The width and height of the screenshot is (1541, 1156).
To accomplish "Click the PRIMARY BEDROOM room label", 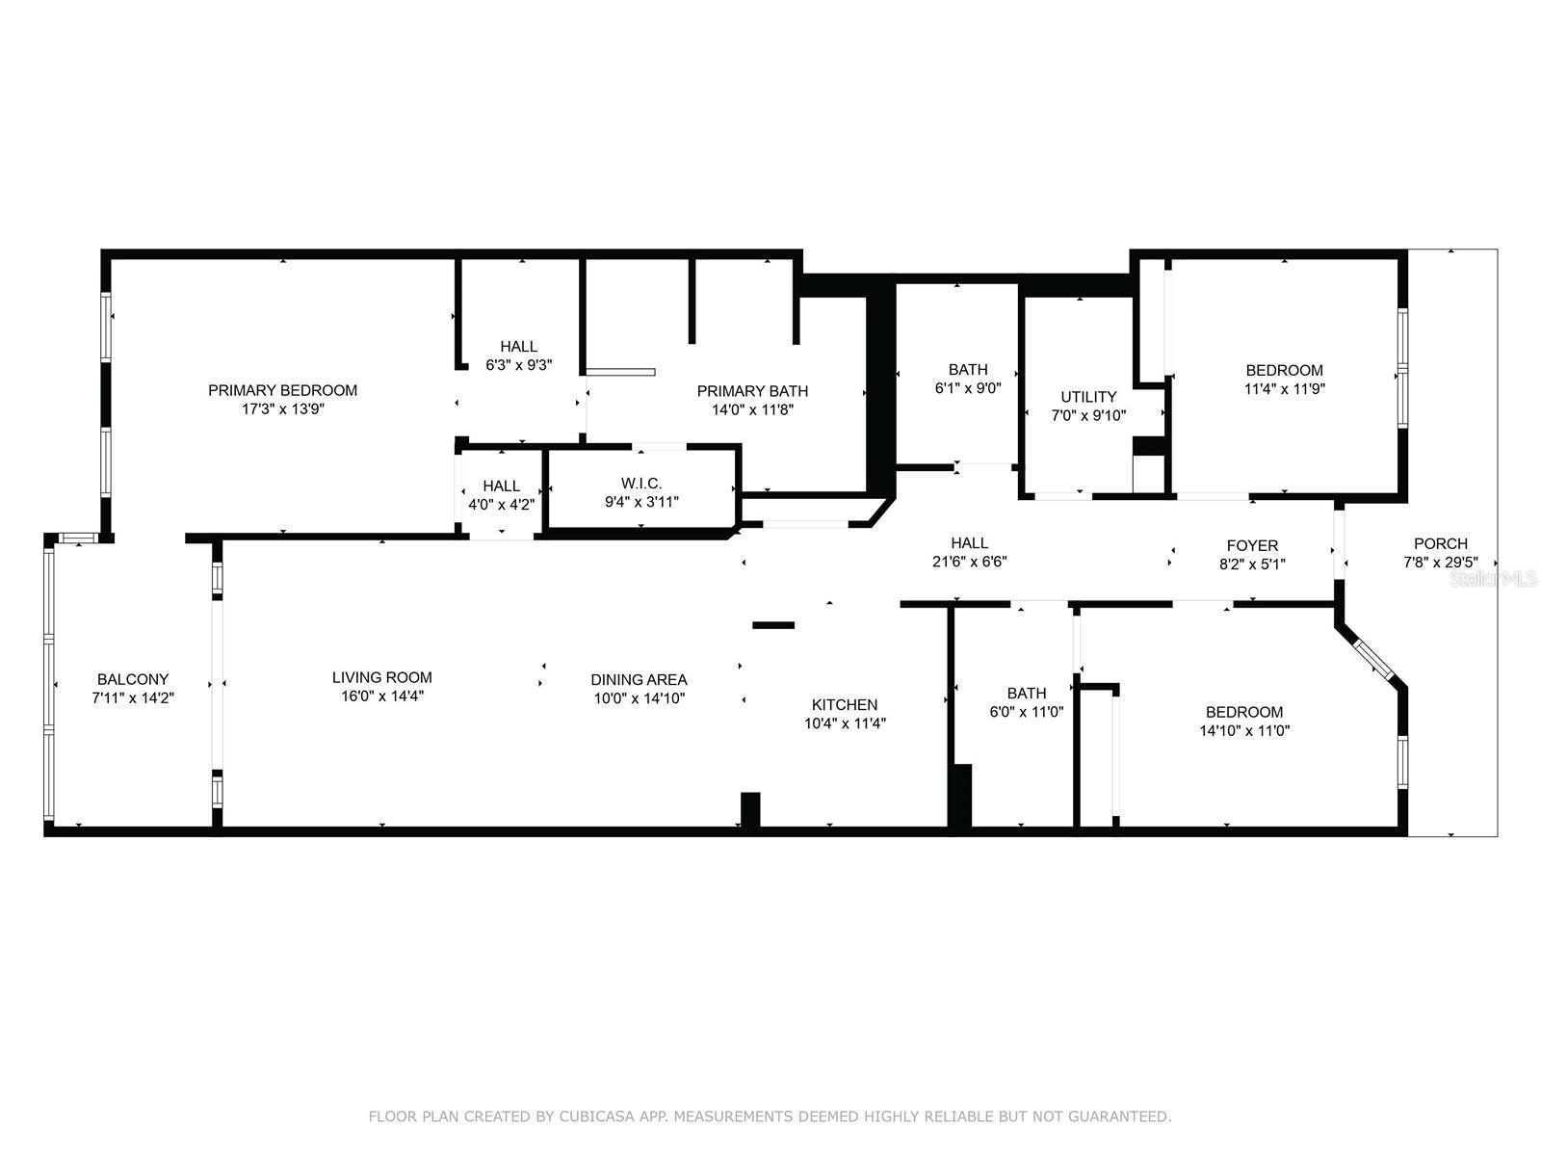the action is [x=282, y=390].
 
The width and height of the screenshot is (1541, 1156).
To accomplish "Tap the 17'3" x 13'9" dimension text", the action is [x=283, y=408].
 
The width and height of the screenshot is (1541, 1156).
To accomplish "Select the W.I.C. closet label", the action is [x=641, y=483].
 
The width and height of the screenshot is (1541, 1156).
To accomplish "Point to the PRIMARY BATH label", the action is [x=752, y=391].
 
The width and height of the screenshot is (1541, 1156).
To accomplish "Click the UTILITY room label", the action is [x=1088, y=397].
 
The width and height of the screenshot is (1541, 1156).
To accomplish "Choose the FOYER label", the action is [x=1252, y=545].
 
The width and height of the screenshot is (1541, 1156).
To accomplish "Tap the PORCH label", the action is [x=1441, y=543].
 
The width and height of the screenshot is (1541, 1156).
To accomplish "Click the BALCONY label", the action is [x=133, y=679].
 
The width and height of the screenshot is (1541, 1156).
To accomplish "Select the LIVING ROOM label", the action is [x=382, y=677].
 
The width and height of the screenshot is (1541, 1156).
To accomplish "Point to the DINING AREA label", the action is [x=639, y=679].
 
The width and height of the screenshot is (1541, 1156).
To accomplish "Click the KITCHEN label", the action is [x=845, y=705].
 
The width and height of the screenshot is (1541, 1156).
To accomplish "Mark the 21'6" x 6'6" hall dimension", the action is [x=970, y=562].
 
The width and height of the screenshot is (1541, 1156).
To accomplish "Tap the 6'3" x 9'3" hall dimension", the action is [x=519, y=365].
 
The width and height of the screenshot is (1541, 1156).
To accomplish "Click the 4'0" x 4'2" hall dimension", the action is [x=501, y=504].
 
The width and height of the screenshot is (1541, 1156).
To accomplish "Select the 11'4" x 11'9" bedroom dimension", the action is [x=1284, y=388].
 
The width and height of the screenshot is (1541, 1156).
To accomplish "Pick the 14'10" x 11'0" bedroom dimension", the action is [x=1244, y=730].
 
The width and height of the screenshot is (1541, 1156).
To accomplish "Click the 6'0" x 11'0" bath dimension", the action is [x=1027, y=712].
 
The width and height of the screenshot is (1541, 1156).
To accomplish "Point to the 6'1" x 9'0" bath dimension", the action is [x=967, y=387].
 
